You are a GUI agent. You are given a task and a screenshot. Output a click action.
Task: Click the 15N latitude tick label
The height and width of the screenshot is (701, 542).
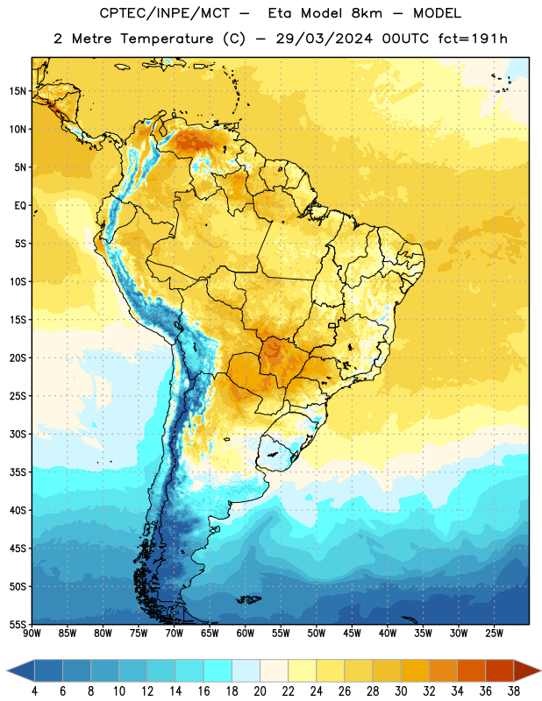coord(18,91)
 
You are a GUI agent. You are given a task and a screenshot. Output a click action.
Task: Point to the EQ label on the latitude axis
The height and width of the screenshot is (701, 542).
coord(20,206)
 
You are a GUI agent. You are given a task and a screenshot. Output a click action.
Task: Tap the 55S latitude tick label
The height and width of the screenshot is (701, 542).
coord(18,624)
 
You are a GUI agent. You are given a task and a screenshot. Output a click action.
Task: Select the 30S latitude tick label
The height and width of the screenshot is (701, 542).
coord(18,434)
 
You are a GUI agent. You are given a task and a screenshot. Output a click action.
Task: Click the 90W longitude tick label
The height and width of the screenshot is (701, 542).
coord(32,634)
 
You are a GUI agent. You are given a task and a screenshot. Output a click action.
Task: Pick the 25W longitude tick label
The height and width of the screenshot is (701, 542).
coord(494,634)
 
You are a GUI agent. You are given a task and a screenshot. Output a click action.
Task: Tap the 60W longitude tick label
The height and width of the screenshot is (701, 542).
coord(246,634)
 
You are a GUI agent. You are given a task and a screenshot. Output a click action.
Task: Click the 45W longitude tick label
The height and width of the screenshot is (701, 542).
coord(353,634)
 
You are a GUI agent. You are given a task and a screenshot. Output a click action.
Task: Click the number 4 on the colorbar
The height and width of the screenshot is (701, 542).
coord(34,691)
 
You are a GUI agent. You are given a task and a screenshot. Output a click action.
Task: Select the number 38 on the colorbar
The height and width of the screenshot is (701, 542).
coord(514,691)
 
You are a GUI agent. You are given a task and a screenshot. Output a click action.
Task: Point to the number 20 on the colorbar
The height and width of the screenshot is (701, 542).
coord(260,691)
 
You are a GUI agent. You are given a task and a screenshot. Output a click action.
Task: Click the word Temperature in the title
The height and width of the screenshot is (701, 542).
coord(167,39)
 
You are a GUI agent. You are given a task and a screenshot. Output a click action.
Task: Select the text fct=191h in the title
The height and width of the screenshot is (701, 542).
coord(473,39)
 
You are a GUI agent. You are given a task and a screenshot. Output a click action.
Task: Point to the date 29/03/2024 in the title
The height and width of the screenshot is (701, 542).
coord(324,39)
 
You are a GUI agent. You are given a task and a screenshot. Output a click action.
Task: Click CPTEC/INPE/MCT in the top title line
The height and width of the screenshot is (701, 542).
coord(164,13)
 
